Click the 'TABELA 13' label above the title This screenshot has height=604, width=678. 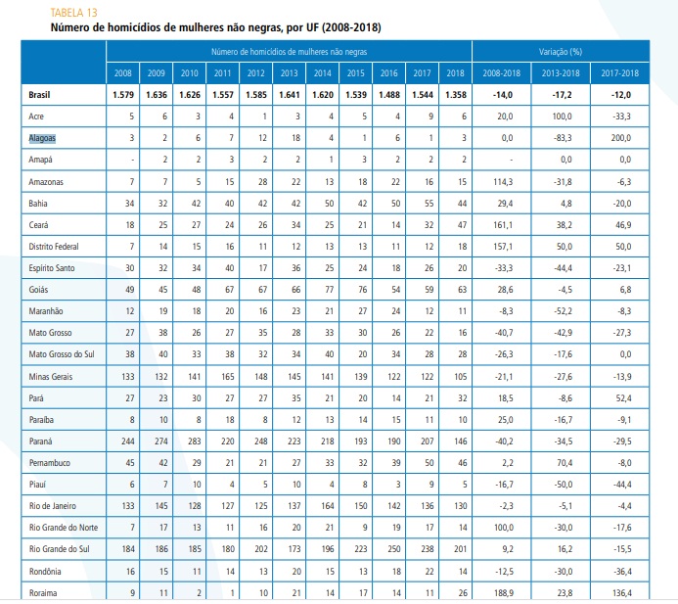pos(74,13)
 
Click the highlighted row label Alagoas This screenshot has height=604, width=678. pos(42,138)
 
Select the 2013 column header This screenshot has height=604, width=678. pos(289,73)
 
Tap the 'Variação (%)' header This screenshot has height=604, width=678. pos(561,52)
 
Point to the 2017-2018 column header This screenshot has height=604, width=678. pos(619,73)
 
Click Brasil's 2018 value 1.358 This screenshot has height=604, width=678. pos(456,95)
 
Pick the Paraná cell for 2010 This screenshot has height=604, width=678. pos(194,441)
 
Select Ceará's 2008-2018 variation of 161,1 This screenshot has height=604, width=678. pos(503,225)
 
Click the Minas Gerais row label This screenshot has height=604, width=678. pos(51,377)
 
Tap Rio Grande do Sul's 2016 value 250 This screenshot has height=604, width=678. pos(394,549)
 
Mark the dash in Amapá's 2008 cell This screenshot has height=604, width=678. pos(132,161)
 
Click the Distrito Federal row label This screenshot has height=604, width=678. pos(54,247)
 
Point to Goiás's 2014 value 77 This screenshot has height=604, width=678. pos(329,290)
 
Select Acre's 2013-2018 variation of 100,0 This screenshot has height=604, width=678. pos(562,116)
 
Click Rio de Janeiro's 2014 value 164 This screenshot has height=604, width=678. pos(328,506)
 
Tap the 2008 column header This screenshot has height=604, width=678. pos(123,73)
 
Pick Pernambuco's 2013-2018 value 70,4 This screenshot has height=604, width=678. pos(565,463)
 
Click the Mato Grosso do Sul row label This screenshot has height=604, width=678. pos(62,354)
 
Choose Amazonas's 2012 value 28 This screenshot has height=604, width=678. pos(262,182)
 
